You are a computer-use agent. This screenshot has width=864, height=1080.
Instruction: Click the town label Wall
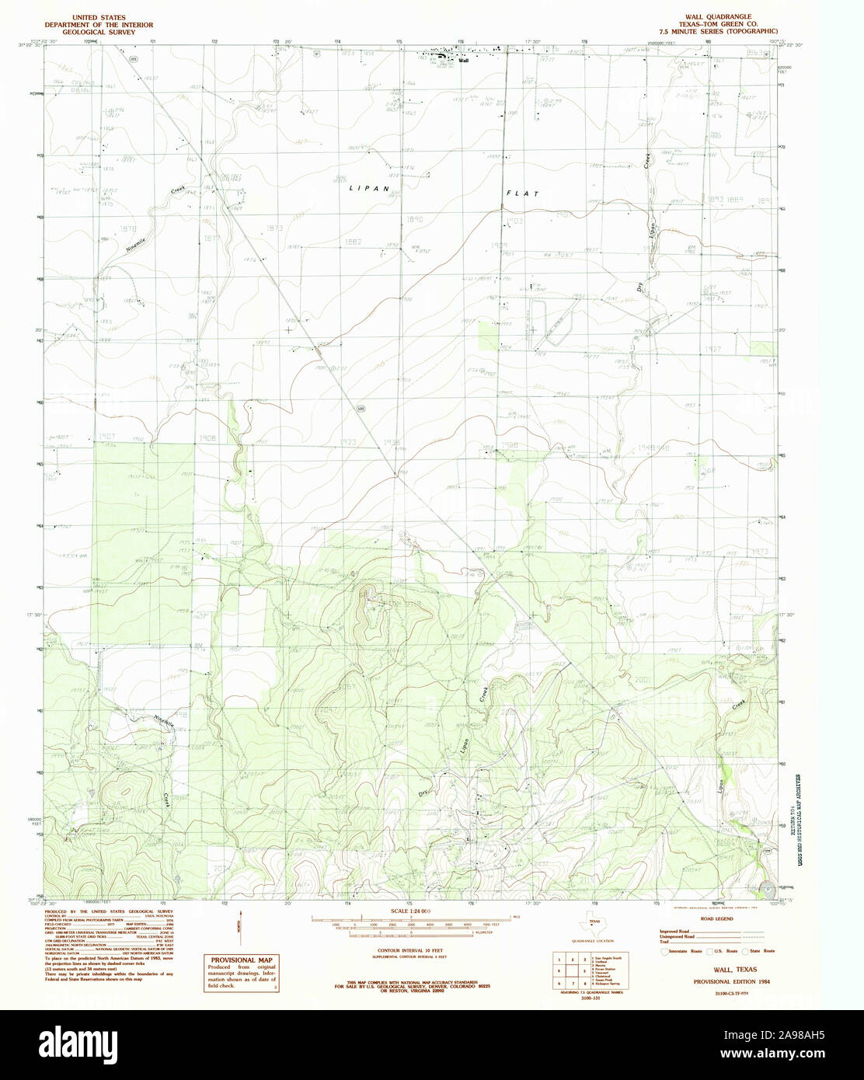464,60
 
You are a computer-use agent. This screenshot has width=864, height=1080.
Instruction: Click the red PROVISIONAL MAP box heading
242,960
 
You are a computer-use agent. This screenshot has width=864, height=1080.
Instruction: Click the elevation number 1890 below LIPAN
413,220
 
